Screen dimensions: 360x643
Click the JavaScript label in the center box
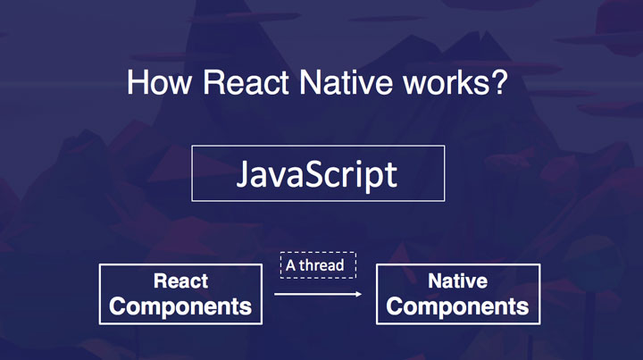[x=317, y=173]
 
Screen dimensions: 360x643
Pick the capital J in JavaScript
[x=243, y=173]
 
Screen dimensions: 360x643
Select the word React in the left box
[x=180, y=281]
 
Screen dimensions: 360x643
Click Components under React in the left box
[x=180, y=306]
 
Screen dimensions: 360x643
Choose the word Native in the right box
[x=457, y=281]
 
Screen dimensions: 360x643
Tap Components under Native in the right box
[x=457, y=306]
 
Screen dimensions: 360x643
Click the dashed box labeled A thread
[x=319, y=265]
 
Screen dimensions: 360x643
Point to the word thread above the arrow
[x=326, y=265]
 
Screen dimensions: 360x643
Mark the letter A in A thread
[x=290, y=265]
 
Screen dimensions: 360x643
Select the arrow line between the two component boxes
[x=313, y=294]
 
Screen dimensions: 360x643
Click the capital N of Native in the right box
[x=434, y=281]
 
